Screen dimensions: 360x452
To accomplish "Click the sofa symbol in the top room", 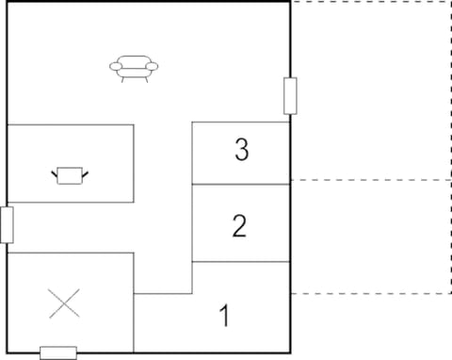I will (134, 68).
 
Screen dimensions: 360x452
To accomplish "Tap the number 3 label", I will (242, 150).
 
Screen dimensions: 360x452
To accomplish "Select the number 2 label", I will (240, 226).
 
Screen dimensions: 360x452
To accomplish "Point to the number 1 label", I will (224, 316).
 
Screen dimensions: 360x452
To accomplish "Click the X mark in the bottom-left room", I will (64, 303).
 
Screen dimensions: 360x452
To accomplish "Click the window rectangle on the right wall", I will (290, 96).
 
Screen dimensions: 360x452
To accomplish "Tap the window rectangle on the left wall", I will (7, 224).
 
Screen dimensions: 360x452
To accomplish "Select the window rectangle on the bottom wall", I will (57, 352).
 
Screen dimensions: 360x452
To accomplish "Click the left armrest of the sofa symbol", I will (115, 67).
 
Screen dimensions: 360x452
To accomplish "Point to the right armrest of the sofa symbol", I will (153, 67).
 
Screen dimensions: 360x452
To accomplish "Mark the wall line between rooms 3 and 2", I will (240, 184).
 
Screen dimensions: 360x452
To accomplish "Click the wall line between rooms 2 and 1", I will (240, 262).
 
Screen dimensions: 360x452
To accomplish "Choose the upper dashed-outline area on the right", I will (369, 90).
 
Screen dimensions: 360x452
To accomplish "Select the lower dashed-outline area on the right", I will (369, 236).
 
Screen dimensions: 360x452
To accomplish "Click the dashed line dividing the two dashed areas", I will (369, 179).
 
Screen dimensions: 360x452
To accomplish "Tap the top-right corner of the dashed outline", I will (447, 3).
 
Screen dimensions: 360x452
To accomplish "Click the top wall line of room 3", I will (240, 122).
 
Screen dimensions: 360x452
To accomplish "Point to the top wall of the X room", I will (71, 253).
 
